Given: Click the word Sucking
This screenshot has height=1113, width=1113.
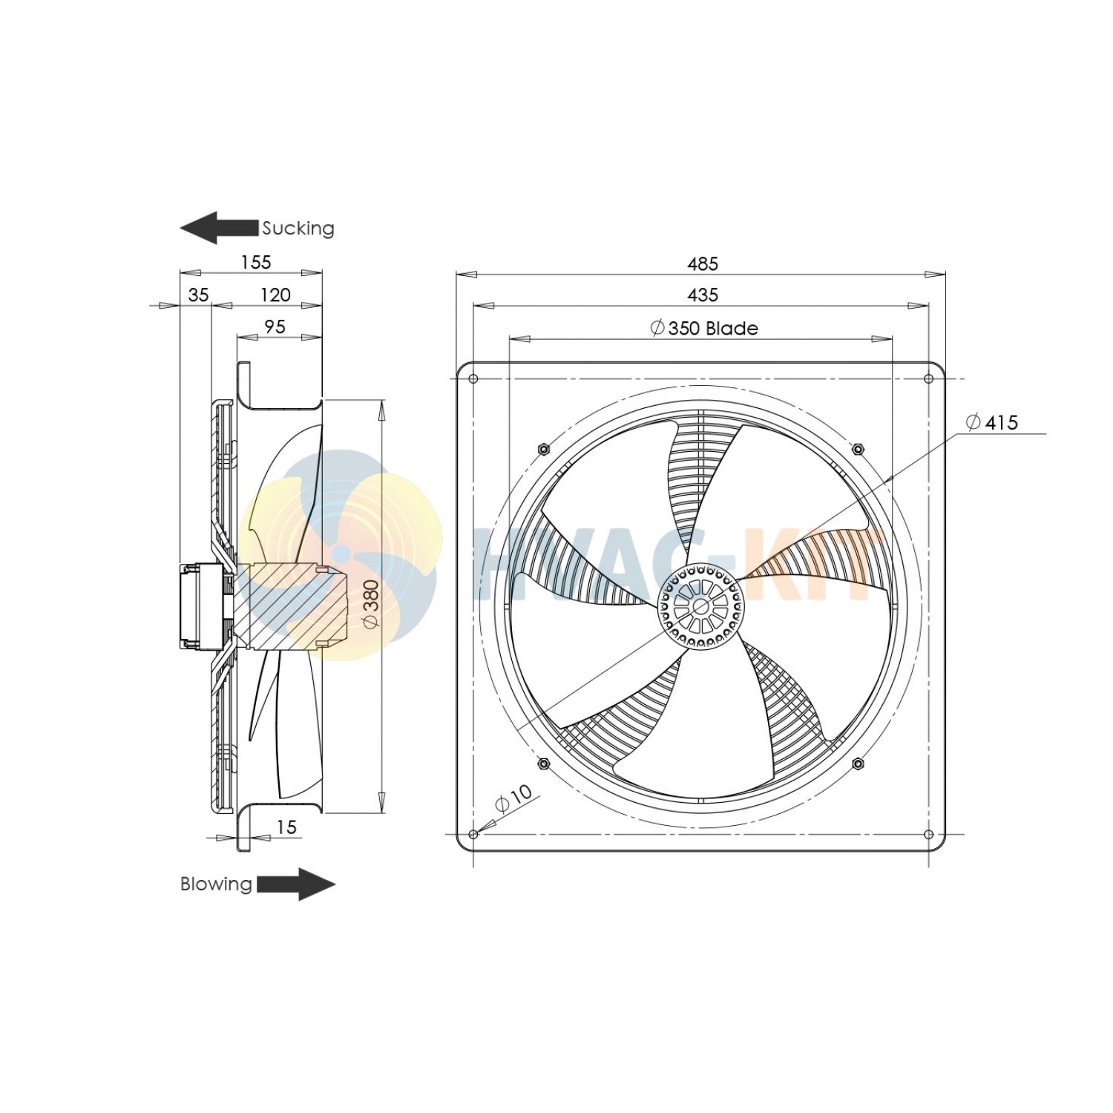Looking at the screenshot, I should (x=298, y=228).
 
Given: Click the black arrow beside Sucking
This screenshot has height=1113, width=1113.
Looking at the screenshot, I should (x=219, y=228).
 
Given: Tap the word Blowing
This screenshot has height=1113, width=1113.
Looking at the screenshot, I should (x=216, y=884).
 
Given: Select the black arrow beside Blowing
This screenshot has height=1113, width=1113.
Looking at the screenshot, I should (x=295, y=884).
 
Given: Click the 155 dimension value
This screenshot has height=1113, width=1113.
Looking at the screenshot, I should (x=256, y=263).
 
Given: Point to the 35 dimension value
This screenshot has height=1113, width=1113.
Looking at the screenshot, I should (x=198, y=295).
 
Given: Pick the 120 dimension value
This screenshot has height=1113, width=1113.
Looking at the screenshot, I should (x=275, y=295).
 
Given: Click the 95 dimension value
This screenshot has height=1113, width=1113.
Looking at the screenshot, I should (x=275, y=327).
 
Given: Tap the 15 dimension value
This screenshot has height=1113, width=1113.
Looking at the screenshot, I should (x=286, y=827).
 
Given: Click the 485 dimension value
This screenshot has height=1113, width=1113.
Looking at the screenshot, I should (x=702, y=264).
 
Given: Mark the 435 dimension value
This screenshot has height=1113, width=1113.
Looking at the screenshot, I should (x=702, y=295).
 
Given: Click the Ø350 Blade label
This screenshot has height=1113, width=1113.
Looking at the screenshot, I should (x=703, y=329).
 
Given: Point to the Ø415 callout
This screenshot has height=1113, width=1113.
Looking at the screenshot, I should (x=992, y=422).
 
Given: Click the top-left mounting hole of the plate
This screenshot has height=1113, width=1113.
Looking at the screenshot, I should (x=473, y=379).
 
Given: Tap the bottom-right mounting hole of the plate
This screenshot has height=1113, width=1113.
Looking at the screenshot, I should (x=928, y=835).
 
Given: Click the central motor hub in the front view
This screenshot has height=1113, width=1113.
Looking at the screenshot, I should (x=700, y=606).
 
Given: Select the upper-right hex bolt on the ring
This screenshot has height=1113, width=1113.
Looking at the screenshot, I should (x=858, y=449).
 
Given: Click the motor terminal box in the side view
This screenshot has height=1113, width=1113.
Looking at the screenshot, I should (x=200, y=606).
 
